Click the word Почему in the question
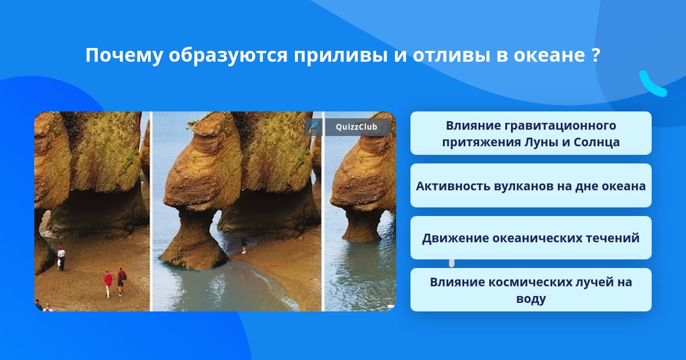click(123, 56)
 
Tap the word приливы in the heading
click(341, 56)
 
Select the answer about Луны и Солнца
click(531, 133)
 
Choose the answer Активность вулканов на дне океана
click(531, 186)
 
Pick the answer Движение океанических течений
click(531, 238)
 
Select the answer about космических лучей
click(531, 290)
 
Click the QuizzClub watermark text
click(356, 127)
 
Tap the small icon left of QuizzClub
click(314, 127)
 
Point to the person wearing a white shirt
click(61, 258)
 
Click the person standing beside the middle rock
click(244, 245)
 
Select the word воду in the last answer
click(531, 298)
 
